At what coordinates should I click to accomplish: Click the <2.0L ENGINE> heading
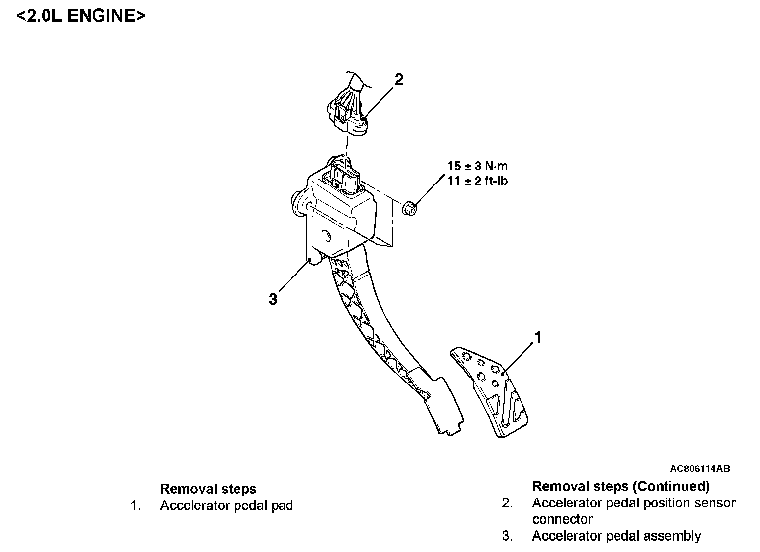point(81,16)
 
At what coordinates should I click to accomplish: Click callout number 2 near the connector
point(399,79)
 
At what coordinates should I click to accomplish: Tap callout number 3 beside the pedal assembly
point(273,299)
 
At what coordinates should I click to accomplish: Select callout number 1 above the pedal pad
point(538,338)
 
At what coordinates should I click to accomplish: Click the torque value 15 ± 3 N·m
point(477,166)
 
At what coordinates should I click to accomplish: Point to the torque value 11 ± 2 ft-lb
point(477,181)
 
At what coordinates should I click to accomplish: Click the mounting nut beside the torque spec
point(409,208)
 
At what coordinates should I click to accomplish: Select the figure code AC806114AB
point(700,469)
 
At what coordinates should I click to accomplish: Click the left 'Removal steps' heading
point(208,489)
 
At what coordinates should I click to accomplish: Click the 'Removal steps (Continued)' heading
point(620,487)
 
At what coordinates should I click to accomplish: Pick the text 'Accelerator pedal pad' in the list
point(227,506)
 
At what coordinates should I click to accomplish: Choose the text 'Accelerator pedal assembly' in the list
point(617,536)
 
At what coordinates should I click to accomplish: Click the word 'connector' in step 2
point(562,520)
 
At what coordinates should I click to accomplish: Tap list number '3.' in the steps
point(507,536)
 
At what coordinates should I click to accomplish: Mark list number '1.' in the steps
point(136,506)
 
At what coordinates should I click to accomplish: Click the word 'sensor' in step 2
point(714,504)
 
